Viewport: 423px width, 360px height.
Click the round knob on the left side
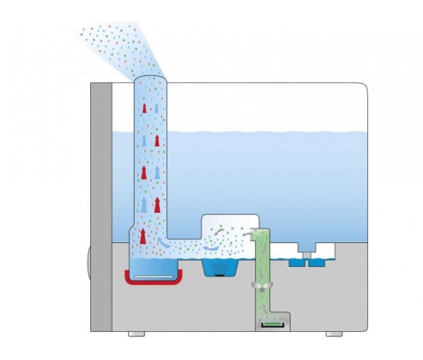(88, 261)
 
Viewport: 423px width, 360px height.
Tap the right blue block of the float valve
(314, 261)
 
